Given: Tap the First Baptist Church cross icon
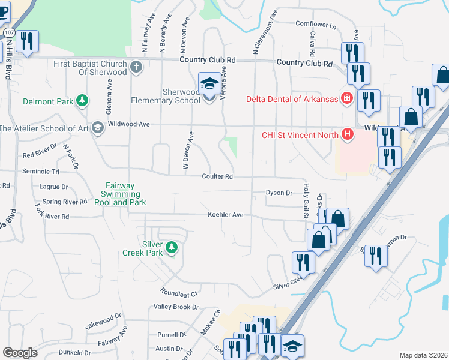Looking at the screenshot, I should (136, 67).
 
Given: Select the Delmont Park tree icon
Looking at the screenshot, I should (82, 101).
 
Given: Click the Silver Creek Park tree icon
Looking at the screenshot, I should (172, 247).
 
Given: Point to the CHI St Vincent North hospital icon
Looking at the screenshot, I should (346, 134).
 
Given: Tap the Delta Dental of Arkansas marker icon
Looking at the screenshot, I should (346, 98).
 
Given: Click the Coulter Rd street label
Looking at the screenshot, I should (217, 176).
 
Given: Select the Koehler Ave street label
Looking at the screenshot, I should (225, 214).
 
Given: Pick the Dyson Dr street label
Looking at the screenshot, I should (279, 193).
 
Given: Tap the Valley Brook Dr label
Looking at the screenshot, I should (176, 307).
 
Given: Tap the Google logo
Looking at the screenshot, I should (20, 353).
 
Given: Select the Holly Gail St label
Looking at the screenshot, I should (306, 200).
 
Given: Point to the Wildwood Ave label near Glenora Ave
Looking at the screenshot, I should (128, 124).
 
